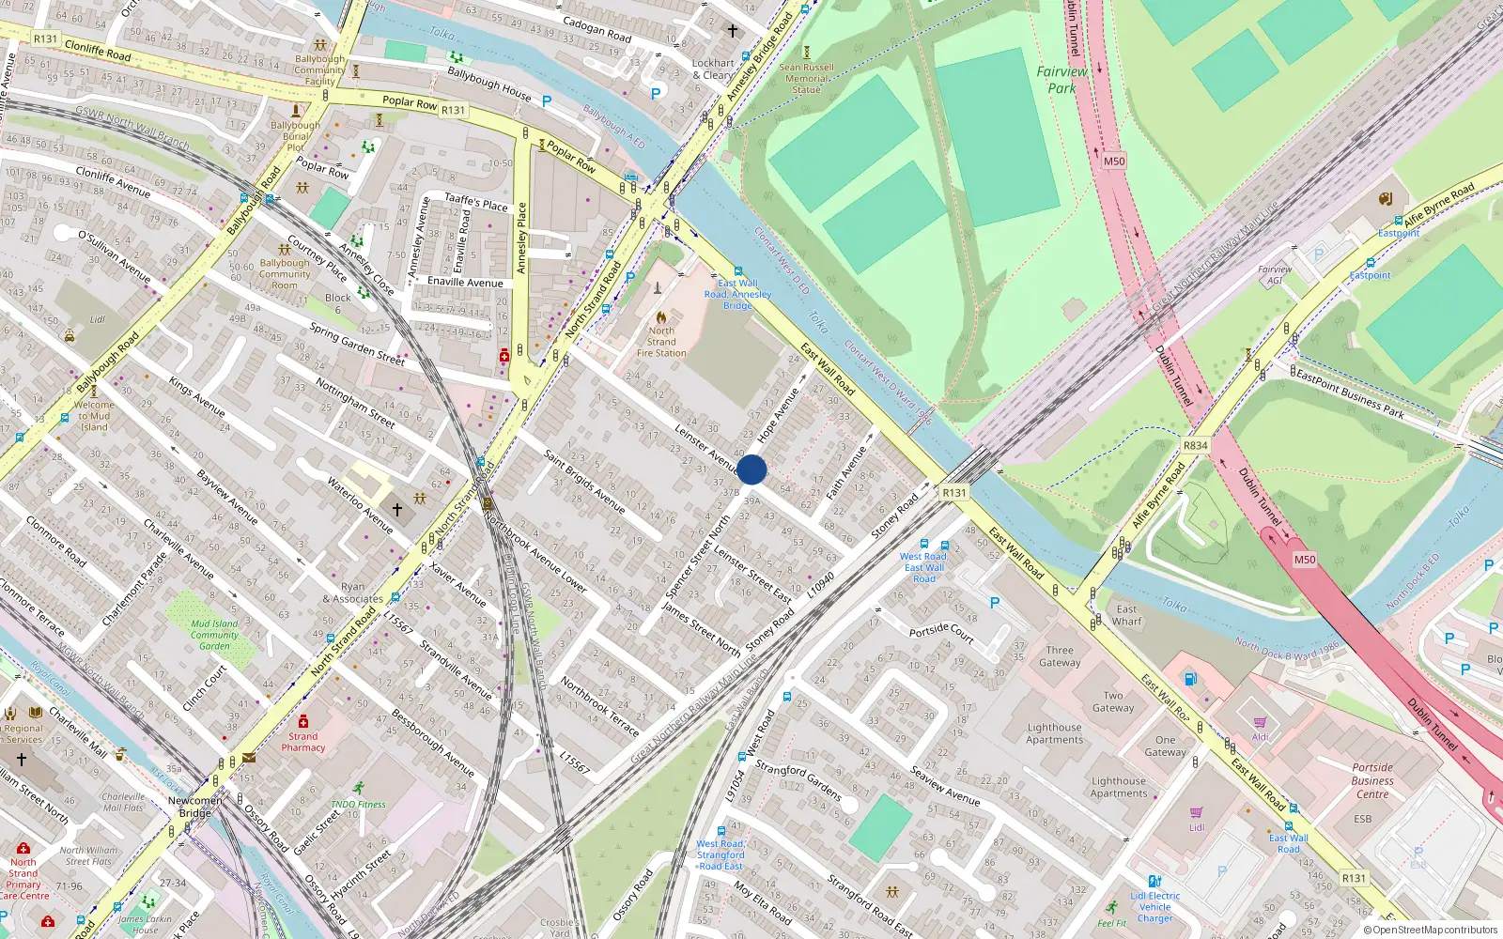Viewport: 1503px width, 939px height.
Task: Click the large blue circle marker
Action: pyautogui.click(x=751, y=469)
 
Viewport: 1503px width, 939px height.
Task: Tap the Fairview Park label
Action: pyautogui.click(x=1061, y=80)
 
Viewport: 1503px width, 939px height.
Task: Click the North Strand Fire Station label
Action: pyautogui.click(x=661, y=342)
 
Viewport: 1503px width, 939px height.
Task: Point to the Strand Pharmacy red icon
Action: pyautogui.click(x=302, y=722)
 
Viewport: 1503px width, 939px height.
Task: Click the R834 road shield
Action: pyautogui.click(x=1196, y=445)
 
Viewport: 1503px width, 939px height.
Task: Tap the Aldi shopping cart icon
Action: pyautogui.click(x=1260, y=722)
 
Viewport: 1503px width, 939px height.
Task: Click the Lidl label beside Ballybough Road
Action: pyautogui.click(x=98, y=319)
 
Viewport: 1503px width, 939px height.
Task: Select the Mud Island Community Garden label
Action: pyautogui.click(x=214, y=635)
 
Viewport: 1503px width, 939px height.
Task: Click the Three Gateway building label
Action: pyautogui.click(x=1060, y=656)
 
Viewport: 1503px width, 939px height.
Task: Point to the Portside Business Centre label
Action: pyautogui.click(x=1372, y=780)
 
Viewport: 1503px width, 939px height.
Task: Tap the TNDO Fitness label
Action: pyautogui.click(x=358, y=804)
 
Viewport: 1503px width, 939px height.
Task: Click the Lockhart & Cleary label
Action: pyautogui.click(x=713, y=69)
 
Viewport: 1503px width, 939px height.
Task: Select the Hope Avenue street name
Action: pyautogui.click(x=778, y=416)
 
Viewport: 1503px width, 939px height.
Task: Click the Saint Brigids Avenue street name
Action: pyautogui.click(x=584, y=481)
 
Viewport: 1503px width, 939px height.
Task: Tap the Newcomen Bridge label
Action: pyautogui.click(x=195, y=807)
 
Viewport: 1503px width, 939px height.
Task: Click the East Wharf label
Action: pyautogui.click(x=1126, y=615)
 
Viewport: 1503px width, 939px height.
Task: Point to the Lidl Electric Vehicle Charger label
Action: pyautogui.click(x=1154, y=907)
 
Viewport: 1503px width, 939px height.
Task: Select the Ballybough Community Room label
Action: pyautogui.click(x=285, y=274)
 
